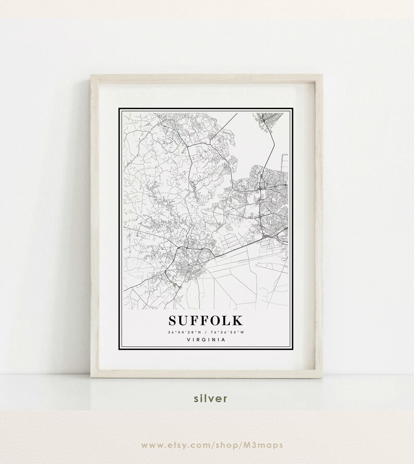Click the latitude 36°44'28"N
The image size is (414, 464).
pos(182,332)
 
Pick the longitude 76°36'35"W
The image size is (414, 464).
pos(229,332)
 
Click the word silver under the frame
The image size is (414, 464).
pos(207,398)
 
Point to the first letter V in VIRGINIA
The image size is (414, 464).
pos(187,340)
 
